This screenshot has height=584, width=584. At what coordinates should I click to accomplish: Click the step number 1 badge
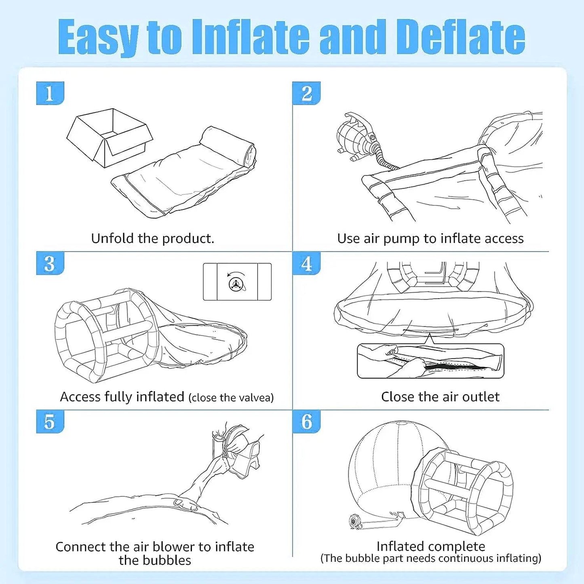[x=50, y=93]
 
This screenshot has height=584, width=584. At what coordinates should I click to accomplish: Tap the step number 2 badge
[x=306, y=93]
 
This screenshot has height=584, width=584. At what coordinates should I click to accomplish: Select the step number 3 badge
[x=50, y=263]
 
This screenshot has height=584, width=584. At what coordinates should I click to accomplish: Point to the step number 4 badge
[x=306, y=263]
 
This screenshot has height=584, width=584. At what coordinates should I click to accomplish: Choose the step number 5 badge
[x=50, y=422]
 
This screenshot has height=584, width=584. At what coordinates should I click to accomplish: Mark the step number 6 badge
[x=306, y=422]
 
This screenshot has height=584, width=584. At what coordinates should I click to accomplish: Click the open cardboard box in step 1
[x=110, y=138]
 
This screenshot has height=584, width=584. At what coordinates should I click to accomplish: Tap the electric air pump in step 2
[x=358, y=136]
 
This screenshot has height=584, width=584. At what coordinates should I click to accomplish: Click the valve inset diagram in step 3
[x=237, y=282]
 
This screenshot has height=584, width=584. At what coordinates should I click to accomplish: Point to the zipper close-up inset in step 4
[x=430, y=361]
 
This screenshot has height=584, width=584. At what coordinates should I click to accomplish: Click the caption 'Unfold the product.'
[x=153, y=238]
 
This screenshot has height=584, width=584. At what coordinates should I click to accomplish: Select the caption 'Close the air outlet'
[x=440, y=397]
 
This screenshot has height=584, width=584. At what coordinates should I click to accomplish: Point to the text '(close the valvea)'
[x=231, y=398]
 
